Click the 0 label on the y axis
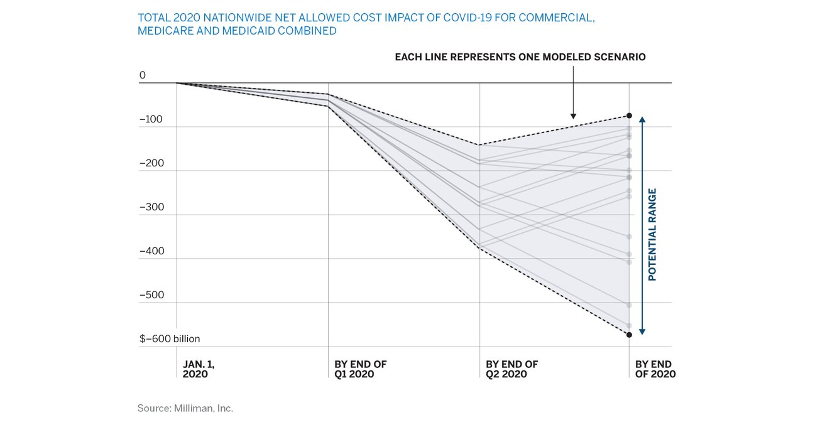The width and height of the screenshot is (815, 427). pyautogui.click(x=142, y=75)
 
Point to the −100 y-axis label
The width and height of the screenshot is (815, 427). pyautogui.click(x=151, y=119)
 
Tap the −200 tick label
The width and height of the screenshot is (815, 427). pyautogui.click(x=151, y=163)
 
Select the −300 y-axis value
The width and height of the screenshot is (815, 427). pyautogui.click(x=151, y=207)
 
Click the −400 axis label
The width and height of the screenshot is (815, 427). pyautogui.click(x=151, y=251)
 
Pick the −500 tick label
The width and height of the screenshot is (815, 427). pyautogui.click(x=151, y=295)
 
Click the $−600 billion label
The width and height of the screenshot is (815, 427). pyautogui.click(x=169, y=339)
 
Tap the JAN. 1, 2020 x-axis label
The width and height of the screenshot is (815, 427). pyautogui.click(x=202, y=369)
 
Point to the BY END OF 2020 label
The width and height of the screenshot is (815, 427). pyautogui.click(x=655, y=369)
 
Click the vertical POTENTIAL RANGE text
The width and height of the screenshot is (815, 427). pyautogui.click(x=652, y=234)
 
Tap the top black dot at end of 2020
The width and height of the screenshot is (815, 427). pyautogui.click(x=629, y=116)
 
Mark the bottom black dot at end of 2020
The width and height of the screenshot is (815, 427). pyautogui.click(x=629, y=335)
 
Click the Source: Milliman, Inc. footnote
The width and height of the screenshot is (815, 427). pyautogui.click(x=185, y=408)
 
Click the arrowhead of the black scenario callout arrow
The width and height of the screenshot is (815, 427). pyautogui.click(x=573, y=116)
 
